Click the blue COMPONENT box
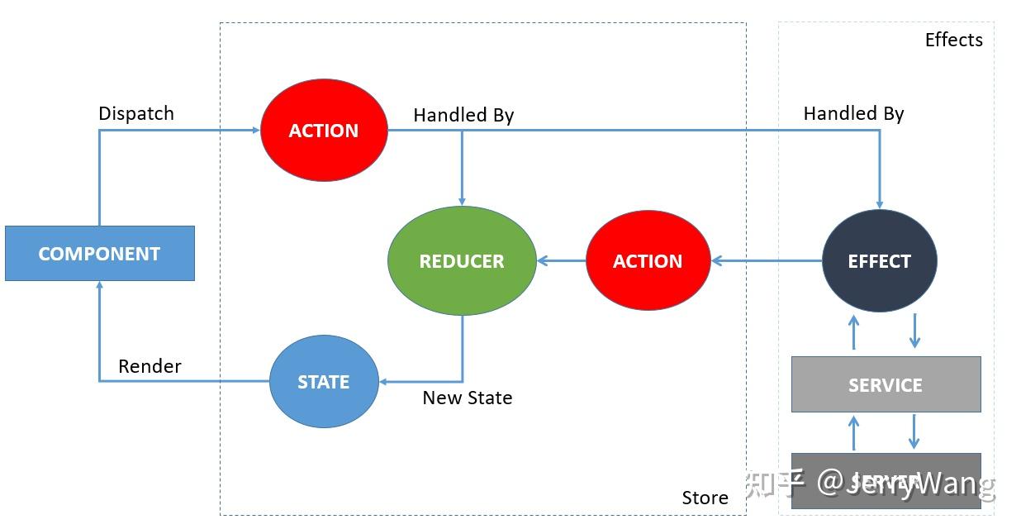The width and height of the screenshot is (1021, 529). (99, 254)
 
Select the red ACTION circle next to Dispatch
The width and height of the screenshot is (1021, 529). (324, 131)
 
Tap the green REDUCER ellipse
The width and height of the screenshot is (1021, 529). (462, 261)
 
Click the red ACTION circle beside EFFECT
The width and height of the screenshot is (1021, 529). (648, 261)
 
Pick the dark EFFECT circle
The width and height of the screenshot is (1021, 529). (880, 261)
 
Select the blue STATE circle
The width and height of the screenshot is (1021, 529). (324, 382)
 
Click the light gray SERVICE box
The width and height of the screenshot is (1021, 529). (886, 384)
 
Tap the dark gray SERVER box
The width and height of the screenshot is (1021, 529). (886, 480)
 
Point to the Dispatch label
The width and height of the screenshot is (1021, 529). (136, 113)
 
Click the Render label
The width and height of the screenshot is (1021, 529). (150, 366)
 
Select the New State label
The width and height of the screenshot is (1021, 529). (468, 398)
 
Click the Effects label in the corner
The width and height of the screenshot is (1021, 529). (953, 40)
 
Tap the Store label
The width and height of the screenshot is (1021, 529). (705, 498)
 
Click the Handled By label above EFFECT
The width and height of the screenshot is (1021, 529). (853, 113)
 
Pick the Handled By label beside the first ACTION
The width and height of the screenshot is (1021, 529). (463, 115)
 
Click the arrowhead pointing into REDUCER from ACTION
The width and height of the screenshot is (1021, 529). (543, 261)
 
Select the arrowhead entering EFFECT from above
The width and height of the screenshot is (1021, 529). (880, 203)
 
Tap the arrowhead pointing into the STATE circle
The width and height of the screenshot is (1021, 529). (384, 382)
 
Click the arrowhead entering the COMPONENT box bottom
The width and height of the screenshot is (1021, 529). (99, 286)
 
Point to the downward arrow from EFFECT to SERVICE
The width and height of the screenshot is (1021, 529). (914, 331)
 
